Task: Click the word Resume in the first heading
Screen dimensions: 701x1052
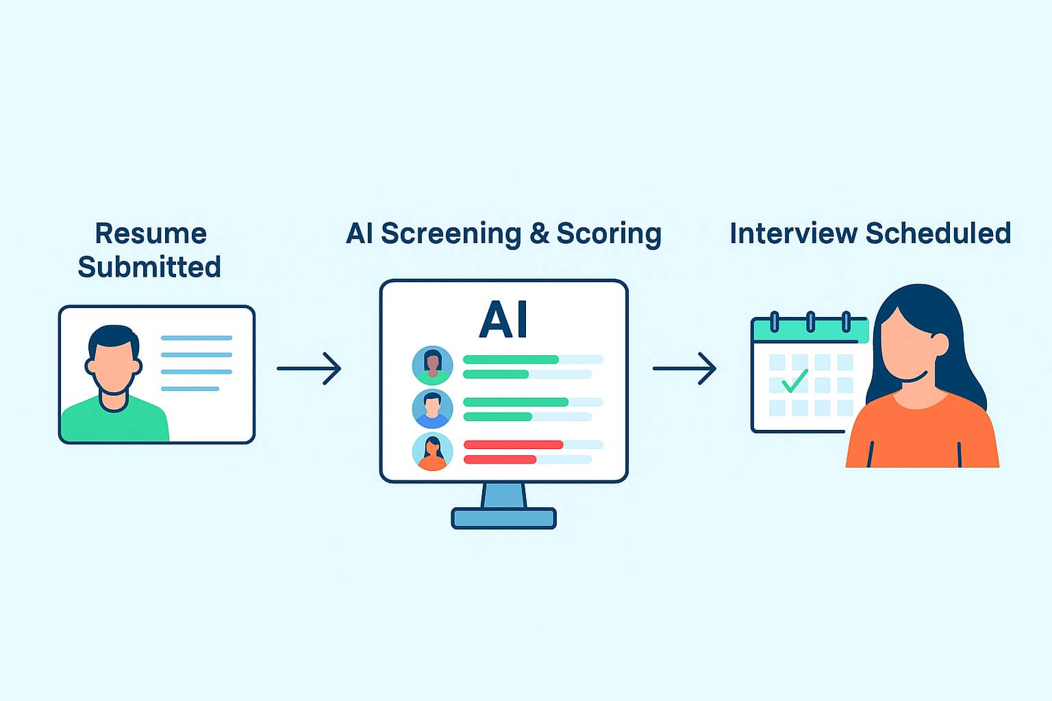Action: pos(151,233)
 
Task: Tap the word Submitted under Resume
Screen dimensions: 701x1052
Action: pos(149,267)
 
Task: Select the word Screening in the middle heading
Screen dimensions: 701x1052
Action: pos(451,234)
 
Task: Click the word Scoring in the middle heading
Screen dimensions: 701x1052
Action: pos(609,234)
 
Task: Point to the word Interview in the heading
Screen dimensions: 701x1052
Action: pos(792,233)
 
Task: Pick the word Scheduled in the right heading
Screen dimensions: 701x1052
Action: pos(938,233)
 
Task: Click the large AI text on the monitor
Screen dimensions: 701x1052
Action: pos(504,320)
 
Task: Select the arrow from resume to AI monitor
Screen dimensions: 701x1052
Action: pos(310,368)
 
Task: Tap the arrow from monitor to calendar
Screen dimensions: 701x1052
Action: pos(685,368)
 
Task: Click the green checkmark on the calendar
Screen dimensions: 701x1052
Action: pos(794,381)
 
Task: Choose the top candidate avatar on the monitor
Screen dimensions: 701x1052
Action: pos(432,365)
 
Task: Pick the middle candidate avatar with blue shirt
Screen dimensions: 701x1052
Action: pos(432,409)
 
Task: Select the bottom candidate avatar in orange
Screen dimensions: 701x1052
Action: pos(432,452)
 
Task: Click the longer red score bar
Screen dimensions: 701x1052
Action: pos(513,445)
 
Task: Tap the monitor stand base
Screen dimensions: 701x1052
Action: pos(504,518)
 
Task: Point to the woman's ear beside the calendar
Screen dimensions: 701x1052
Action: pos(940,344)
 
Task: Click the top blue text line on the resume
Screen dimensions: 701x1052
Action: pos(197,338)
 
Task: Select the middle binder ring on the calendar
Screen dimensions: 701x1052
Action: pos(810,321)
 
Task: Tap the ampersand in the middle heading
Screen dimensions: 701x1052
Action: pos(539,234)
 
